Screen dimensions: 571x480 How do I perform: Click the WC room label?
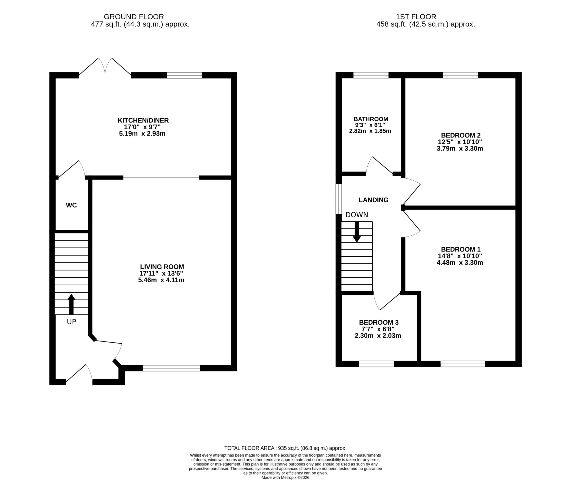[x=71, y=205]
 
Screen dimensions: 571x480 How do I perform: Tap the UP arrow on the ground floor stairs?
[x=71, y=304]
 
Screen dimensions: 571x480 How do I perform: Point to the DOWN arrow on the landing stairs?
[x=356, y=232]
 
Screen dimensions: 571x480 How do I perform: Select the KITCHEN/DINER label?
[x=143, y=120]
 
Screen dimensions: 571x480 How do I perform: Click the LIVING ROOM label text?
[x=162, y=267]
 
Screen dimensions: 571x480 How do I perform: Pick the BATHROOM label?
[x=371, y=119]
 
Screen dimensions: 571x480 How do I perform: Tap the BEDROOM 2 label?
[x=461, y=135]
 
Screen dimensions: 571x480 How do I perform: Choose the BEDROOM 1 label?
[x=461, y=249]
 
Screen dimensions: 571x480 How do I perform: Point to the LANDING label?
[x=373, y=200]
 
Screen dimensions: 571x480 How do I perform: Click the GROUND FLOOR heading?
[x=134, y=17]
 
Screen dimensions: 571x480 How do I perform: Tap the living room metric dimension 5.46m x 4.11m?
[x=161, y=280]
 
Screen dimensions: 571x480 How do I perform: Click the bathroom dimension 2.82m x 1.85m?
[x=370, y=131]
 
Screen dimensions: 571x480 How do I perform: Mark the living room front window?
[x=172, y=368]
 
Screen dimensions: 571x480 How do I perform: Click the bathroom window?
[x=371, y=75]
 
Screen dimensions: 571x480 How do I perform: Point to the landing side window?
[x=339, y=199]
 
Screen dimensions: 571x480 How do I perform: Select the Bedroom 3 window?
[x=377, y=364]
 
